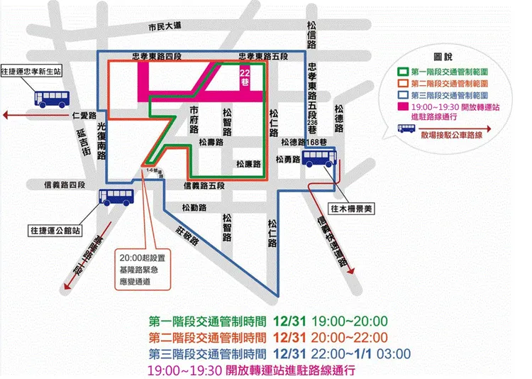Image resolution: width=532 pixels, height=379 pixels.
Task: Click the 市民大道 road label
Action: click(165, 26)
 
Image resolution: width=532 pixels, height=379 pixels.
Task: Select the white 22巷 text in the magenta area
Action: click(245, 77)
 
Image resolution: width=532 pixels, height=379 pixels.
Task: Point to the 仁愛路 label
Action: click(84, 114)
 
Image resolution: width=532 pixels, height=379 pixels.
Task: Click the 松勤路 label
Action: click(194, 207)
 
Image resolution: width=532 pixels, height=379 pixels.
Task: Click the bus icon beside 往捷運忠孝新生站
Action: click(50, 99)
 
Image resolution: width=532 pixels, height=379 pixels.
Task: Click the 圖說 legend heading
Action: click(443, 56)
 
